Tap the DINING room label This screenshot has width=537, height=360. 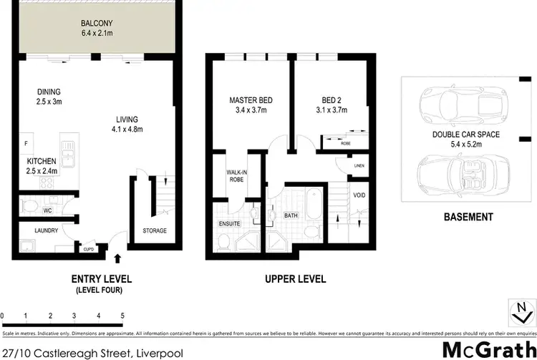[x=49, y=92]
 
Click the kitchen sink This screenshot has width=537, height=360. [x=69, y=153]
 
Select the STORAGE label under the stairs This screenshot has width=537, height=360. [x=155, y=230]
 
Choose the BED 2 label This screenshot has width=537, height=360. [x=330, y=99]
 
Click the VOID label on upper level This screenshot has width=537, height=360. [x=359, y=195]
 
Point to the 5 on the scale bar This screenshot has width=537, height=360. [x=122, y=315]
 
